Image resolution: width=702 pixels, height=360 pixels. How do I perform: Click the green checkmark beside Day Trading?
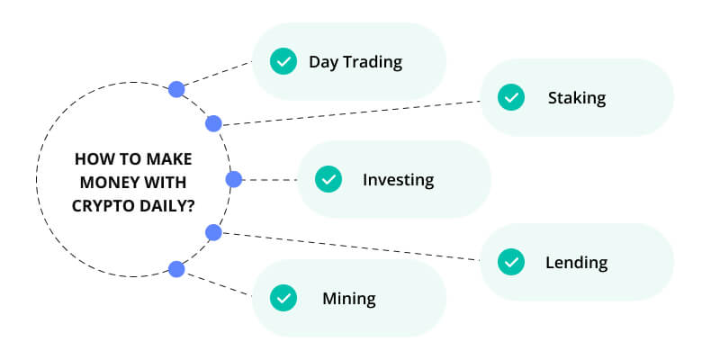pyautogui.click(x=283, y=61)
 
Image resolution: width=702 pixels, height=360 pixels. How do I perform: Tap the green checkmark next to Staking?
pyautogui.click(x=511, y=97)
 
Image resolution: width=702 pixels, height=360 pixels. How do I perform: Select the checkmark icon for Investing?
pyautogui.click(x=328, y=180)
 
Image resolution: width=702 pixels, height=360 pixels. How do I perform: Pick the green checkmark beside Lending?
pyautogui.click(x=511, y=262)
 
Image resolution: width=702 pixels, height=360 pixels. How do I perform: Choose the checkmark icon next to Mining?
pyautogui.click(x=283, y=298)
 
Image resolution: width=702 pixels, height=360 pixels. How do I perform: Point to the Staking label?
pyautogui.click(x=577, y=98)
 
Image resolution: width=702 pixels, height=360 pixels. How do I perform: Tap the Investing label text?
pyautogui.click(x=398, y=180)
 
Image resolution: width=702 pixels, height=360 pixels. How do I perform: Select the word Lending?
pyautogui.click(x=576, y=263)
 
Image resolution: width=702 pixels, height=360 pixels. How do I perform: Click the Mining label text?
pyautogui.click(x=349, y=299)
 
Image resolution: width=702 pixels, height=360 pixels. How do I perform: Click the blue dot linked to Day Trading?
pyautogui.click(x=176, y=90)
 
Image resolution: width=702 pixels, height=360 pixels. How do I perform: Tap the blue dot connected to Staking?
pyautogui.click(x=213, y=123)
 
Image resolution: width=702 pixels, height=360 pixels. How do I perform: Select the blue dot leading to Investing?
pyautogui.click(x=234, y=180)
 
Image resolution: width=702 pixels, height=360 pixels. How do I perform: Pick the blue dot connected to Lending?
pyautogui.click(x=213, y=232)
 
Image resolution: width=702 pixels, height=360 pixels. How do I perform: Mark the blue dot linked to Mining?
pyautogui.click(x=176, y=269)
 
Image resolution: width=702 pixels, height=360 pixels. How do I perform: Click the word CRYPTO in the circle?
pyautogui.click(x=99, y=206)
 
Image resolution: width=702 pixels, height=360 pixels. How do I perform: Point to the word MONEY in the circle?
pyautogui.click(x=105, y=183)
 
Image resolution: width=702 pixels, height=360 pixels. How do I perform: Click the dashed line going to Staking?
pyautogui.click(x=351, y=113)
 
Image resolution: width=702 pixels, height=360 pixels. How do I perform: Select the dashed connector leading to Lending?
pyautogui.click(x=351, y=247)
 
